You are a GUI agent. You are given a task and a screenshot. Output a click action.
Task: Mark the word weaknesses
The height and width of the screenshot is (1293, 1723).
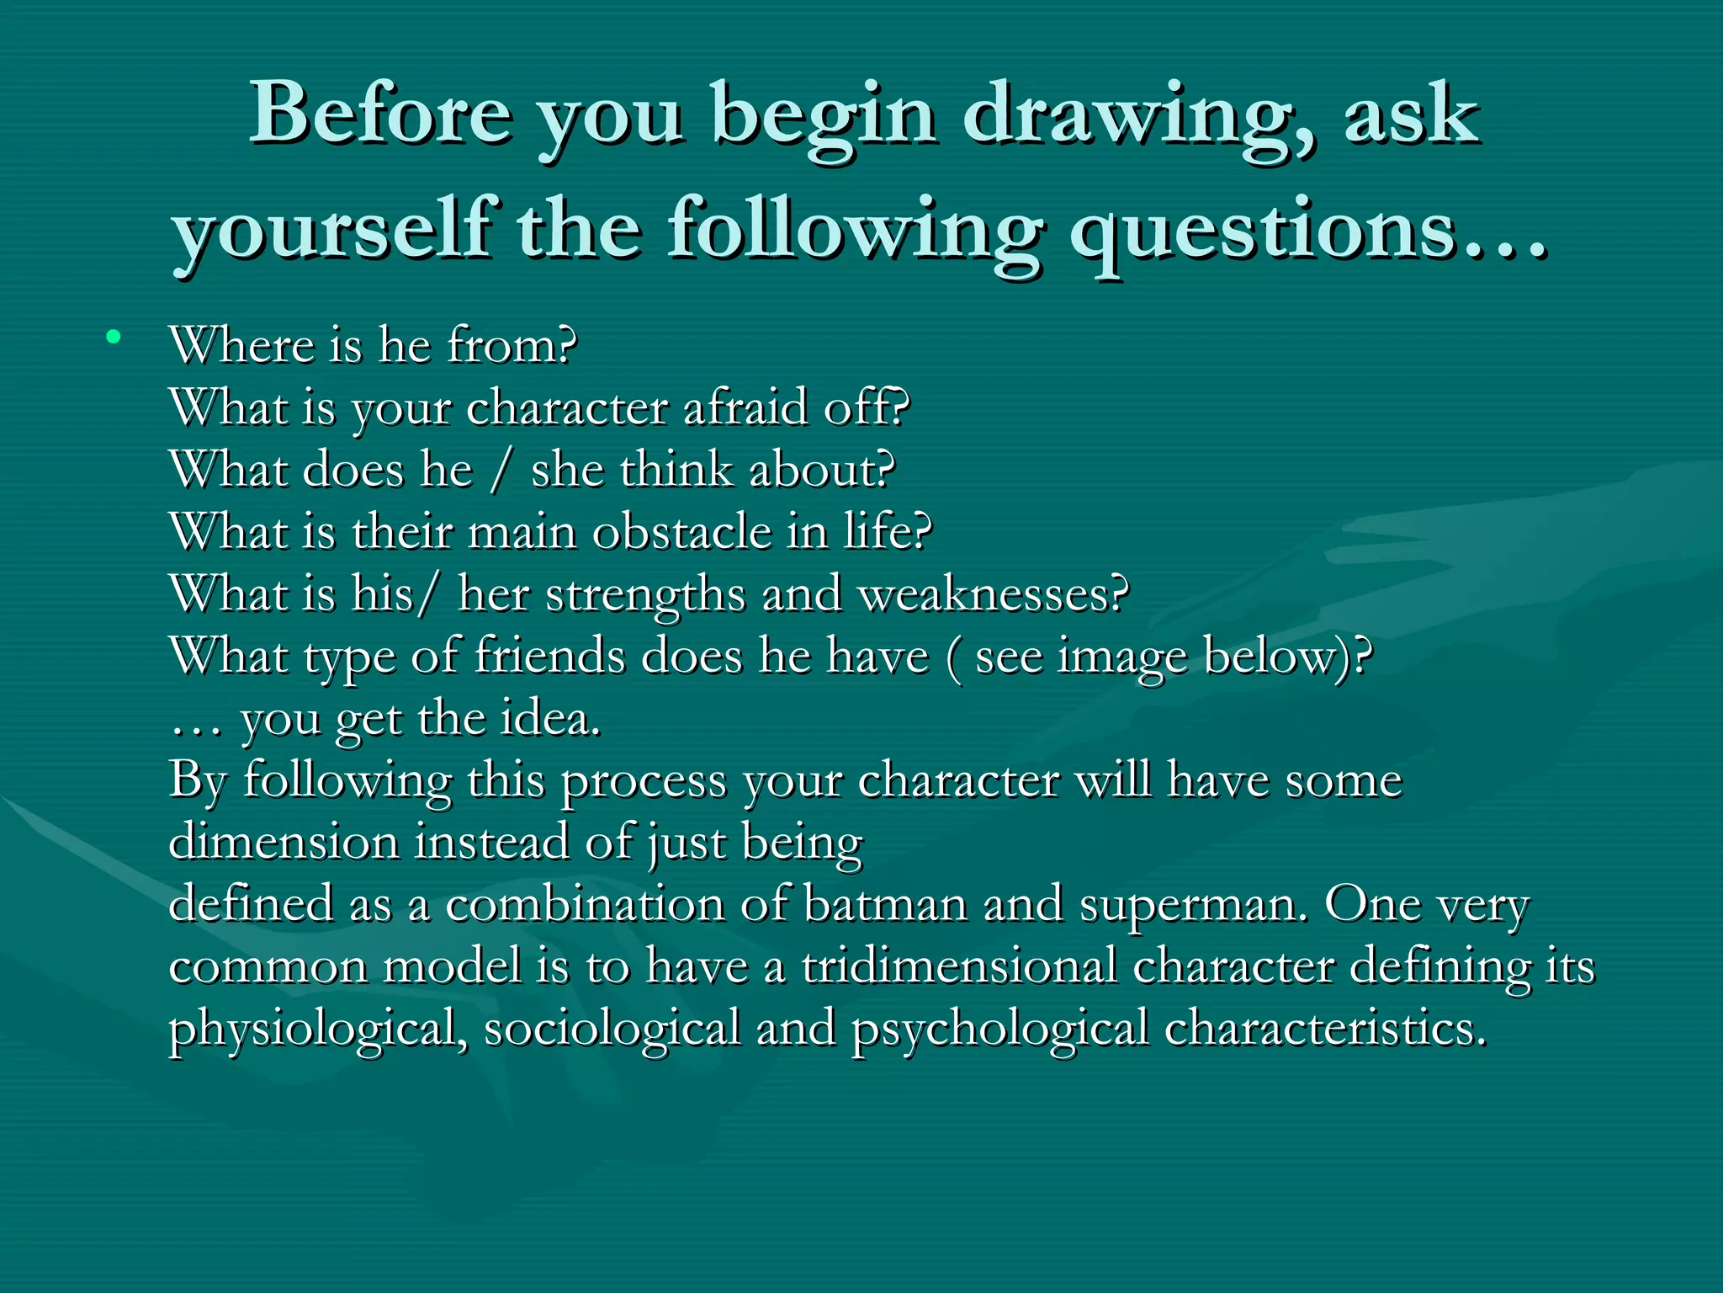point(993,594)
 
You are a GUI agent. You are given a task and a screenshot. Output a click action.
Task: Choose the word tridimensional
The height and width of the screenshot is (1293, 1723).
point(959,966)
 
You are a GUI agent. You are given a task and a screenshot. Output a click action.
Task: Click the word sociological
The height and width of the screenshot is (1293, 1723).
point(612,1030)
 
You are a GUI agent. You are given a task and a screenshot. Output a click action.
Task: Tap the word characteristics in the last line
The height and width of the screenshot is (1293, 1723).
point(1325,1028)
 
